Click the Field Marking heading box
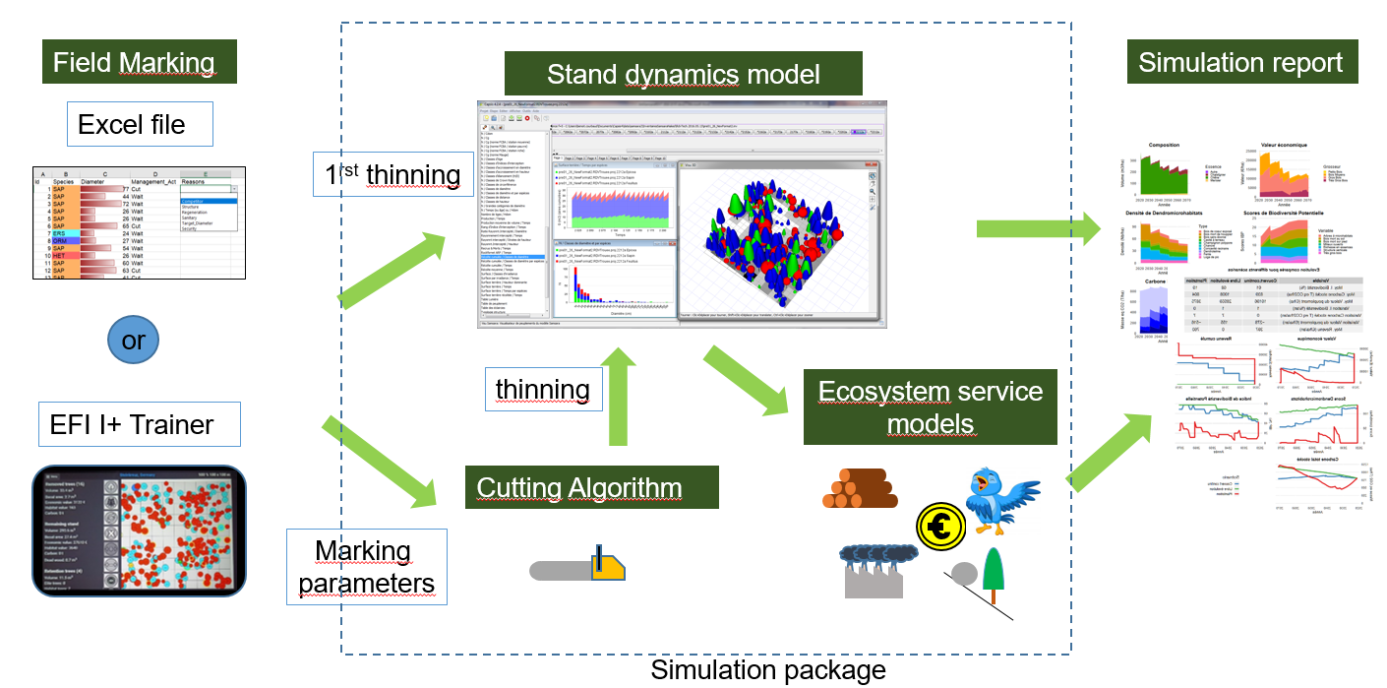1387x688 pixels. tap(134, 63)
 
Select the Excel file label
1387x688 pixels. tap(132, 125)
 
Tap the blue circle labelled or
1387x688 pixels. tap(134, 340)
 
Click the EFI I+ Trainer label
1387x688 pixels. tap(132, 425)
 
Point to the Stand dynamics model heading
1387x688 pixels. tap(683, 74)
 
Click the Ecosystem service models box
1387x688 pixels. tap(930, 407)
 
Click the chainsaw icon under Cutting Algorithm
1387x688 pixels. tap(578, 568)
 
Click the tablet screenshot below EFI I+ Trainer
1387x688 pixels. tap(138, 532)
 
